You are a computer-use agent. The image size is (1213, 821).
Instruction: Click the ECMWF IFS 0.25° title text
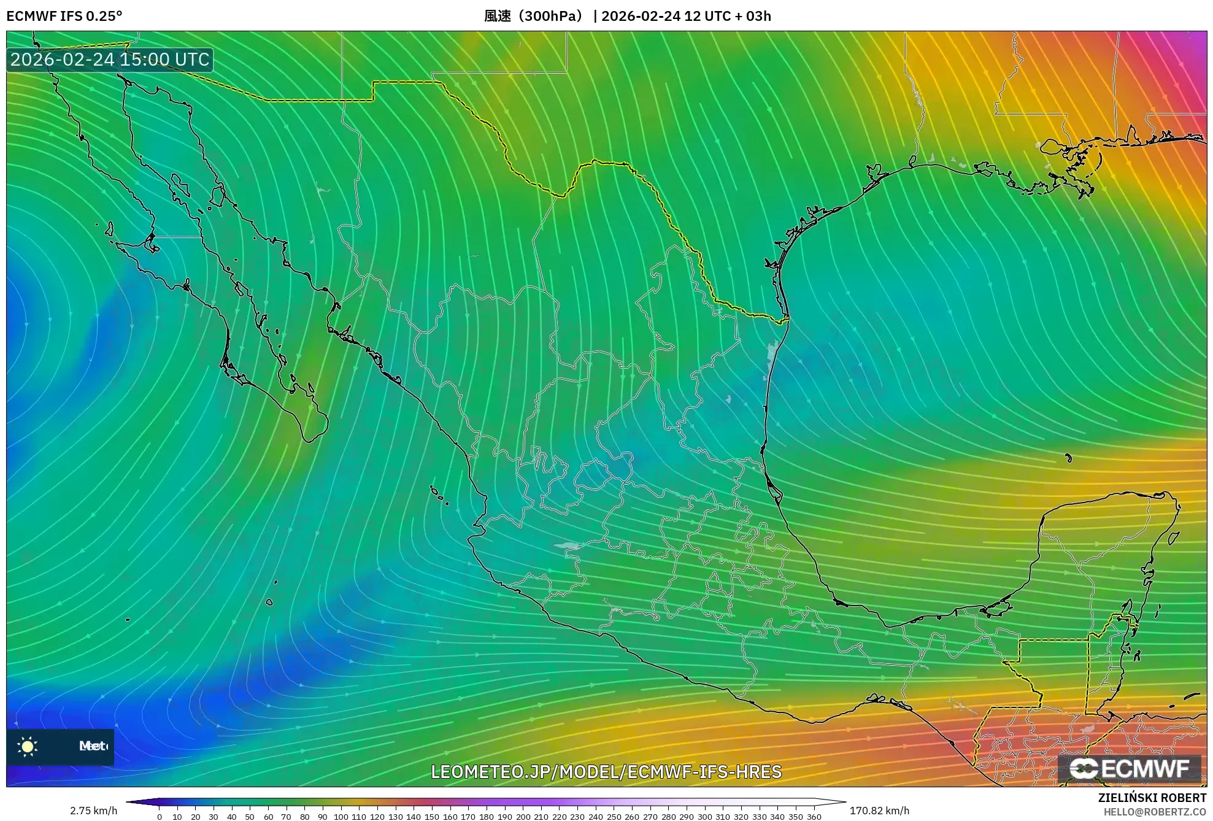64,16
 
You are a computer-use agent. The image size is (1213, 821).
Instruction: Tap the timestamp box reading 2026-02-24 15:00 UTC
110,60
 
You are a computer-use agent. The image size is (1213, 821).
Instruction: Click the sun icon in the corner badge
28,746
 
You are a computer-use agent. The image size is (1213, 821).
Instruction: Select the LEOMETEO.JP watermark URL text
606,771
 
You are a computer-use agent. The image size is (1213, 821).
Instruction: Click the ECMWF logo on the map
1130,769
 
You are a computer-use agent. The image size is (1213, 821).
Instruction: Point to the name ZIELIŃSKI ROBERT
1152,798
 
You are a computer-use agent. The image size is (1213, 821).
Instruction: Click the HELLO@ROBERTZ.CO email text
1155,812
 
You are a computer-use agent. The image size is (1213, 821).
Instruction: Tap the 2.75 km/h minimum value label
93,811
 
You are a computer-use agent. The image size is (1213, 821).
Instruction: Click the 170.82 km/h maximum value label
879,811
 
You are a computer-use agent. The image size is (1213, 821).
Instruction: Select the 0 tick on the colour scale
160,817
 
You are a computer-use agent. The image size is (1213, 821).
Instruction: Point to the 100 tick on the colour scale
341,817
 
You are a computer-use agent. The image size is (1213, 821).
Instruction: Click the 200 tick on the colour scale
523,817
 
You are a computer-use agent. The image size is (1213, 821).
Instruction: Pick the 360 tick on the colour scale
814,817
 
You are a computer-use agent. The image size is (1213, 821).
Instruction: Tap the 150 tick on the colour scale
432,817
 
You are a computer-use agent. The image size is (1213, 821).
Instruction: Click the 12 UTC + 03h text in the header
728,16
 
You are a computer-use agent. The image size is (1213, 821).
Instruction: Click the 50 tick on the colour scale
250,817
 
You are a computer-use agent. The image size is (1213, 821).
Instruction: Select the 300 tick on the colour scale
705,817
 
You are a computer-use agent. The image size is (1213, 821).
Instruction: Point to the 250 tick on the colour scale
614,817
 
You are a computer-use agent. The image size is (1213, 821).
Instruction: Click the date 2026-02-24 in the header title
641,16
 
